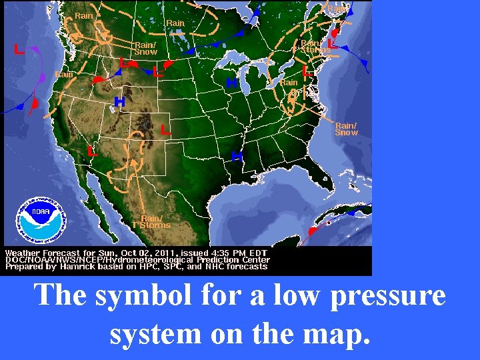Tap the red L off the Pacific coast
[20, 49]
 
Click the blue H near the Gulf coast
[236, 156]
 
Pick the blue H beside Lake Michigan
[231, 83]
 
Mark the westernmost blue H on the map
[119, 102]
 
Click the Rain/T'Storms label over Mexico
[151, 222]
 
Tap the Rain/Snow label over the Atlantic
[346, 129]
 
